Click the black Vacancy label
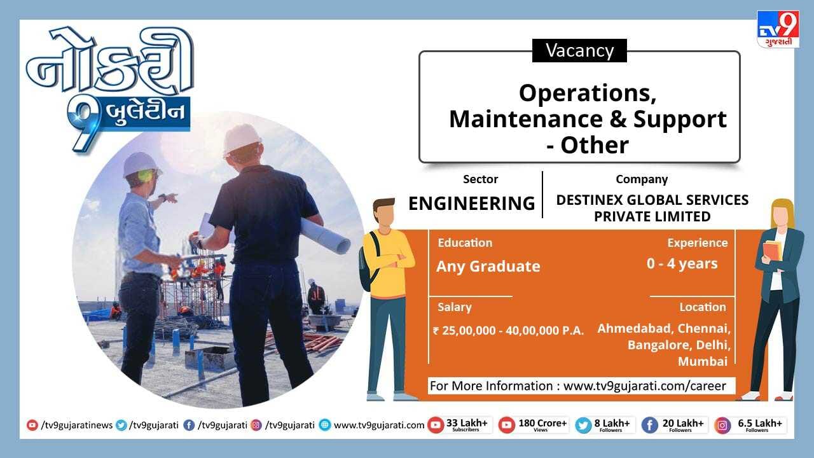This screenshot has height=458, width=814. click(x=579, y=50)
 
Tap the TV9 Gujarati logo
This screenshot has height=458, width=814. click(x=778, y=29)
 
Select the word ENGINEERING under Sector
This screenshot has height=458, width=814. click(x=472, y=203)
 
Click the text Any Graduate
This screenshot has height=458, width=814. click(x=488, y=267)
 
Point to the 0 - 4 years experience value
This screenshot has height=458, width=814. click(x=682, y=263)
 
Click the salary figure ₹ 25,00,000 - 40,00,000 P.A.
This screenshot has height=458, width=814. click(x=508, y=330)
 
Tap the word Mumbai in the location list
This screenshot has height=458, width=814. click(x=703, y=361)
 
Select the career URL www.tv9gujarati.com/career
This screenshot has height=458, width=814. click(x=645, y=385)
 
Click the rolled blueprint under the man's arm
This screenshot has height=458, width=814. click(x=324, y=235)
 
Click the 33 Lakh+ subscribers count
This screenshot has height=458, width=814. click(x=467, y=425)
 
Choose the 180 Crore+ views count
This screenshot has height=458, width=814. click(x=542, y=425)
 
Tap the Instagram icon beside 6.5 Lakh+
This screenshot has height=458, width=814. click(x=722, y=426)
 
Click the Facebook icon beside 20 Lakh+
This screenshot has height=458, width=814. click(x=650, y=426)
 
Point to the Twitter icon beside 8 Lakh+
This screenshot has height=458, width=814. click(x=583, y=426)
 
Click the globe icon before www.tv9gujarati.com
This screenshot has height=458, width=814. click(x=325, y=425)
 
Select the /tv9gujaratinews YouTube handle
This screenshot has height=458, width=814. click(x=77, y=425)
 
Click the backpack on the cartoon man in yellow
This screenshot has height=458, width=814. click(x=368, y=261)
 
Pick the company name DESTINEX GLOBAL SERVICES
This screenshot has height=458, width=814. click(x=652, y=200)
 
